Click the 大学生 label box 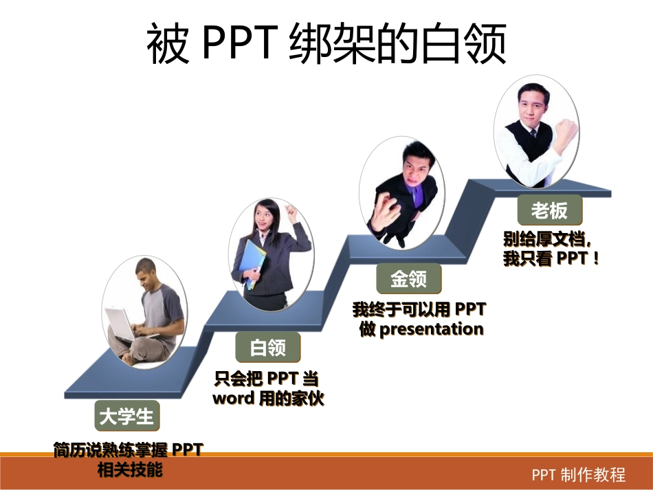(127, 416)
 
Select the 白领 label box (268, 347)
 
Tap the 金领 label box (408, 278)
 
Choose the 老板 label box (549, 210)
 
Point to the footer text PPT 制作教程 (579, 475)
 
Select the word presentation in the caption (431, 329)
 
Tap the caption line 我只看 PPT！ (552, 259)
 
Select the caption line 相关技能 (129, 470)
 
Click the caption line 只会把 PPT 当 (268, 379)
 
